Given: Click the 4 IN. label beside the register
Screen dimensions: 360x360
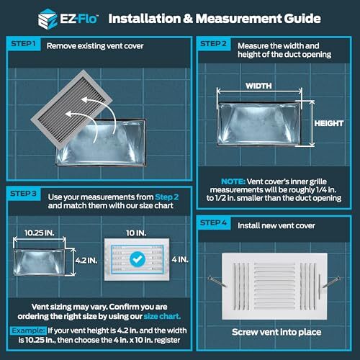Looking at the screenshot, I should pyautogui.click(x=183, y=258).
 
